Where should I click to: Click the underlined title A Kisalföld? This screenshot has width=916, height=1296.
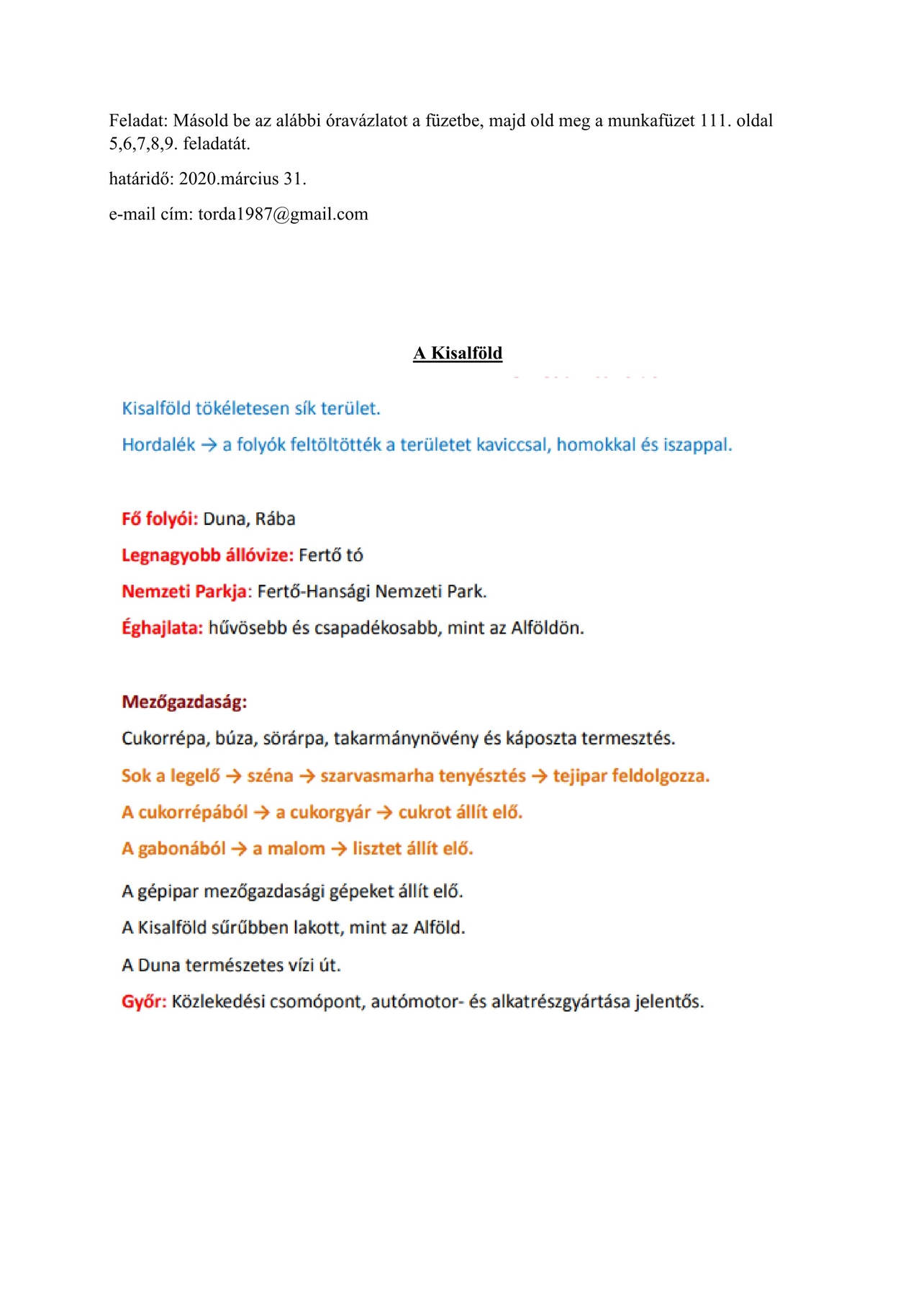coord(458,353)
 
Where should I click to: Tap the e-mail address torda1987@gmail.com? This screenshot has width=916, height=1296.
coord(283,214)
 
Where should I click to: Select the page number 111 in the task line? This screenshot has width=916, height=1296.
coord(714,120)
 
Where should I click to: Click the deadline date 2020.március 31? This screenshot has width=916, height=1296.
coord(242,179)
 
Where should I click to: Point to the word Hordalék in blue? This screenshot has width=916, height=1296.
coord(158,445)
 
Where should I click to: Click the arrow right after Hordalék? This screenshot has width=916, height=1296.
coord(209,445)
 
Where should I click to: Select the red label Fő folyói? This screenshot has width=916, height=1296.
coord(160,519)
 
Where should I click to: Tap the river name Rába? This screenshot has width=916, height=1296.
coord(275,519)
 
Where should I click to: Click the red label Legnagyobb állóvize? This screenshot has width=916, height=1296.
coord(207,555)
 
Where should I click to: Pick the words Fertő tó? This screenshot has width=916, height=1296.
coord(331,555)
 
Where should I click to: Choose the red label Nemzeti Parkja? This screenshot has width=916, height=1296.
coord(184,592)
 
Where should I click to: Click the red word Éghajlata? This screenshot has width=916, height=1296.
coord(162,628)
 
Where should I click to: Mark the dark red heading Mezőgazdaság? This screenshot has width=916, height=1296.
coord(184,702)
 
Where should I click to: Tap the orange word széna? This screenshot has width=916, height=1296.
coord(270,776)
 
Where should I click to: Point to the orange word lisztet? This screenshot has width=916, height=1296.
coord(377,849)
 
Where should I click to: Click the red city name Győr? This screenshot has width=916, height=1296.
coord(144,1002)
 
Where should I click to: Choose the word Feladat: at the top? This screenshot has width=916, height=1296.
coord(138,120)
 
